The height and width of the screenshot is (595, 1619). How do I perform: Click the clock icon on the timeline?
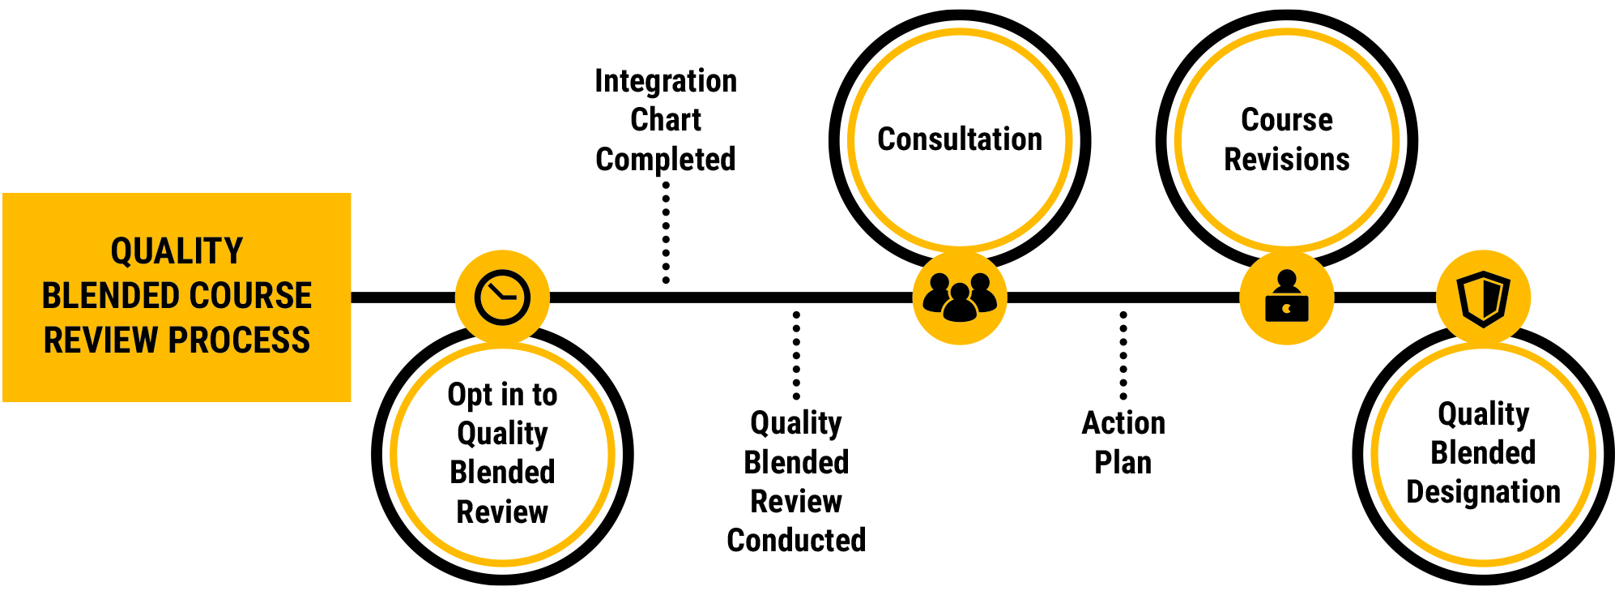(502, 297)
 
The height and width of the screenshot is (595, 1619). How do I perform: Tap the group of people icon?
(960, 297)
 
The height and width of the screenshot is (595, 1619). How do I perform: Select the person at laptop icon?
(1287, 297)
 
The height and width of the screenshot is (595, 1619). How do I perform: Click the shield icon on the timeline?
(1483, 297)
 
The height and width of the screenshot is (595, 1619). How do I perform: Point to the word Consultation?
(960, 139)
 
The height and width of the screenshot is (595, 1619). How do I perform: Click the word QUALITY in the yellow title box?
(177, 251)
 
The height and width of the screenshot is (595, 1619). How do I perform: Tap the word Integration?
(666, 81)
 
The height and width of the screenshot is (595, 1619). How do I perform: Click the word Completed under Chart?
(666, 160)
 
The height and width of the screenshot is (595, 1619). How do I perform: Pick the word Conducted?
(796, 541)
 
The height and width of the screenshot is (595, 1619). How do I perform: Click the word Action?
(1123, 423)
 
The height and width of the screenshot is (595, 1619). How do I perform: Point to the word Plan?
(1123, 463)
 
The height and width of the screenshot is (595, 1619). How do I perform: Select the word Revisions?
(1287, 160)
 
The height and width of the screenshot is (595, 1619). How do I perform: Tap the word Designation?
(1483, 492)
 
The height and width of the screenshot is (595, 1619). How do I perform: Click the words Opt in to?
(502, 395)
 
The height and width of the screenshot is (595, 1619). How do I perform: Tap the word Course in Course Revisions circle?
(1287, 120)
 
